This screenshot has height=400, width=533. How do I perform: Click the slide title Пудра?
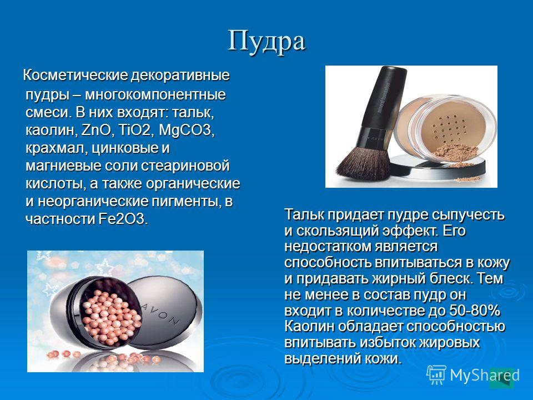pos(266,41)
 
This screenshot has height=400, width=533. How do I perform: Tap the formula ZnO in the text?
pos(96,130)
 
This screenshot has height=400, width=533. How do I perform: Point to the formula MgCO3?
pos(187,130)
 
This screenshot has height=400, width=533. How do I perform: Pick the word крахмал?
pos(54,148)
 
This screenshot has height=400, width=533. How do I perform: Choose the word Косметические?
pos(75,75)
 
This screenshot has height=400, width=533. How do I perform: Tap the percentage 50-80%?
pos(475,311)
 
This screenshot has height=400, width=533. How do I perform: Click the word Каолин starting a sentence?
pos(309,327)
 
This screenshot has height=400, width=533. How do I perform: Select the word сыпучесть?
pos(468,216)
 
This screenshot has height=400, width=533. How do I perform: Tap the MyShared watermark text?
pos(485,376)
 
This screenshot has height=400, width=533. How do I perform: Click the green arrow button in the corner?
pos(501,378)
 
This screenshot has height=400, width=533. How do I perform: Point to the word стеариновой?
pos(185,166)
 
